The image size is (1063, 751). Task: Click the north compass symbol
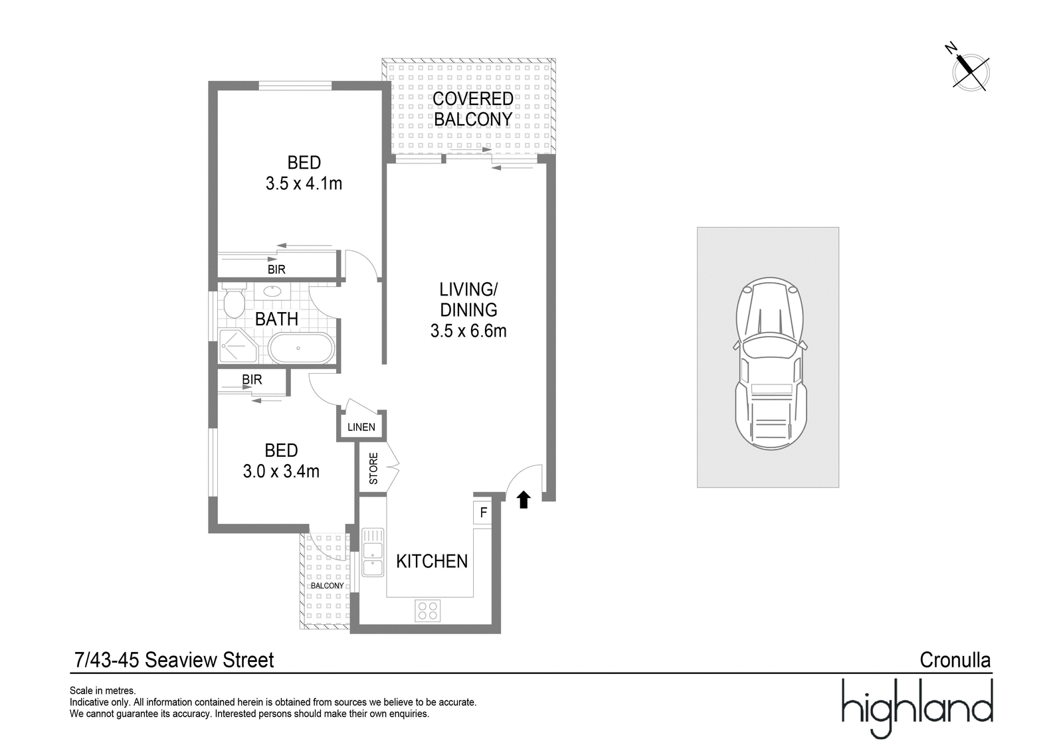point(970,72)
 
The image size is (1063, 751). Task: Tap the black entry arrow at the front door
point(524,500)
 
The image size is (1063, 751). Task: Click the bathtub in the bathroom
point(302,348)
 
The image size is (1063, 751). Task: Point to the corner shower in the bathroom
point(238,347)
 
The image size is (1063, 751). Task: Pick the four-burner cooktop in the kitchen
point(428,611)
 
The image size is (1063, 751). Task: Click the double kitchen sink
point(373,552)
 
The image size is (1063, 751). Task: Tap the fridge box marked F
point(483,513)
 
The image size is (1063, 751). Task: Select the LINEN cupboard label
point(361,427)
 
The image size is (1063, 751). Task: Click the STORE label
point(373,468)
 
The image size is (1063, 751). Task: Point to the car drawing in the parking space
point(770,363)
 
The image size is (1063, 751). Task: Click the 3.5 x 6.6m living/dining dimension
point(468,331)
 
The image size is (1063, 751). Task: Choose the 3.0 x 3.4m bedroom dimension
point(281,471)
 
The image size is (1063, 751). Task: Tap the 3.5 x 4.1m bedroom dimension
point(304,183)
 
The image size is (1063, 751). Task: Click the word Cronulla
point(955,660)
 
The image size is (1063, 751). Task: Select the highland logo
point(917,709)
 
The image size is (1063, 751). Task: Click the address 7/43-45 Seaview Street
point(174,660)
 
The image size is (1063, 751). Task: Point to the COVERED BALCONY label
point(472,109)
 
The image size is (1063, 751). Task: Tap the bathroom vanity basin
point(272,291)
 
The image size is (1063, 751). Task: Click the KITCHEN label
point(432,561)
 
